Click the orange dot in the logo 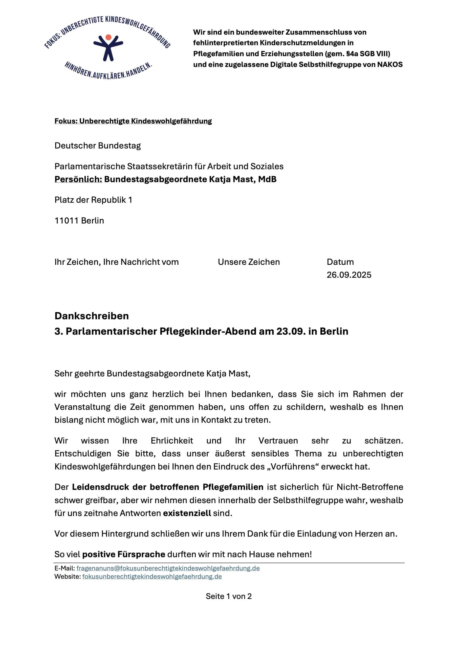point(108,37)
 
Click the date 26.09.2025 point(349,275)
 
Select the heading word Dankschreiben point(92,316)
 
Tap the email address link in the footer point(168,568)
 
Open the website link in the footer point(152,576)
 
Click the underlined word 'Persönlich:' point(78,179)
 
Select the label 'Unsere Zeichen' point(249,262)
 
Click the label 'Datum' point(340,262)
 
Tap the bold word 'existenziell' point(187,513)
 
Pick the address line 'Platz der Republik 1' point(93,200)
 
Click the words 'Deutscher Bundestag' point(98,146)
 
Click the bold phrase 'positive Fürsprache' point(123,554)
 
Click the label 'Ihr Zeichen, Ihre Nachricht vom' point(117,262)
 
